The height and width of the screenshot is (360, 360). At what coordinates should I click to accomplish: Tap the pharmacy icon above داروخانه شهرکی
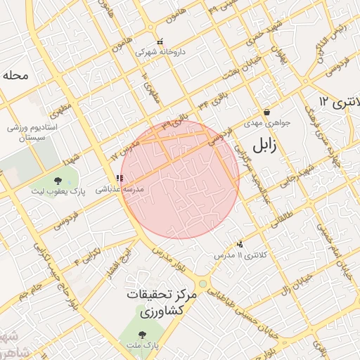[x=161, y=41]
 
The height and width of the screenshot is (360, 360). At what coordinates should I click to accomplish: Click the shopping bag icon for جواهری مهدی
[x=266, y=112]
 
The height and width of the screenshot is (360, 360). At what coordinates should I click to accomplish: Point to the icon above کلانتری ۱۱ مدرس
[x=240, y=243]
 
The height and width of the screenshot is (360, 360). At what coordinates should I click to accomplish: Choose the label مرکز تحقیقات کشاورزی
[x=161, y=303]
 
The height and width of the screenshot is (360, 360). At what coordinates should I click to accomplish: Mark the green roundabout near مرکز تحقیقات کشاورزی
[x=203, y=284]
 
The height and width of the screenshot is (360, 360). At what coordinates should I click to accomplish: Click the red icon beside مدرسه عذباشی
[x=118, y=179]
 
